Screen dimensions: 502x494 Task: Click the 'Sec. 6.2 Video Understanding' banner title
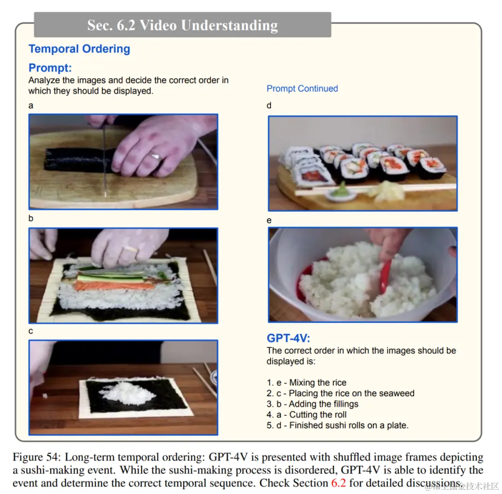pyautogui.click(x=183, y=25)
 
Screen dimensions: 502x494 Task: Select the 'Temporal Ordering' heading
pyautogui.click(x=79, y=49)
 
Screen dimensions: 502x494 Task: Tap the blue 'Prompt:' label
pyautogui.click(x=50, y=68)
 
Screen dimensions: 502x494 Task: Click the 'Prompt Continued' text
pyautogui.click(x=302, y=88)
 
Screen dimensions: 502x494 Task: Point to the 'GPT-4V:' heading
pyautogui.click(x=289, y=338)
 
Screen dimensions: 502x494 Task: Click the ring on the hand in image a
pyautogui.click(x=156, y=156)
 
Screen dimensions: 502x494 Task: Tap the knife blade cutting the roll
pyautogui.click(x=105, y=160)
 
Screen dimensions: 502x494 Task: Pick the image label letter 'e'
pyautogui.click(x=269, y=220)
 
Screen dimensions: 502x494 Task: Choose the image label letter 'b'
pyautogui.click(x=31, y=218)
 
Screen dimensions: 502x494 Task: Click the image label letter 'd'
pyautogui.click(x=269, y=105)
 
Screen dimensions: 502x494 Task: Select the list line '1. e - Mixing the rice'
pyautogui.click(x=306, y=382)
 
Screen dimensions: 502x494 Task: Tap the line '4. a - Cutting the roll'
pyautogui.click(x=306, y=414)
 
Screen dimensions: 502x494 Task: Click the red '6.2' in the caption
pyautogui.click(x=338, y=483)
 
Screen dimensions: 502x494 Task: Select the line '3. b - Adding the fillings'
pyautogui.click(x=312, y=404)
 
